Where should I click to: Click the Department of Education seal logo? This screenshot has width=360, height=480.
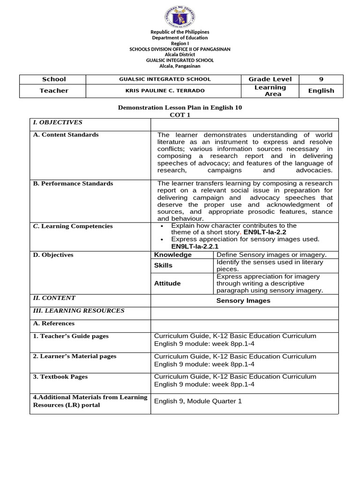(x=180, y=17)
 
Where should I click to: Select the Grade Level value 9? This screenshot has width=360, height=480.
(x=321, y=79)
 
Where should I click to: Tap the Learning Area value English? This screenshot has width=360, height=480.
(x=321, y=90)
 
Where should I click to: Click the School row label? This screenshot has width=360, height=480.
(x=54, y=79)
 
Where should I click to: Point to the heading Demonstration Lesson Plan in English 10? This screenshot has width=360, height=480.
(x=180, y=108)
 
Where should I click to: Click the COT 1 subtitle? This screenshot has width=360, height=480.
(x=180, y=115)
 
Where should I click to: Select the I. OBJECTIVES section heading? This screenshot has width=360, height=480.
(x=57, y=122)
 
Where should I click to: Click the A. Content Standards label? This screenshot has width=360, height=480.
(x=66, y=135)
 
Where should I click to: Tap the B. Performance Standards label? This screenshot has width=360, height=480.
(x=73, y=183)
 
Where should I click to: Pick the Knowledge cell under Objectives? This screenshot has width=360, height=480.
(x=173, y=255)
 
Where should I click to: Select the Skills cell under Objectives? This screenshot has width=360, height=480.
(x=163, y=265)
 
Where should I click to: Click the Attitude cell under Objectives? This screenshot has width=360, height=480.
(x=167, y=283)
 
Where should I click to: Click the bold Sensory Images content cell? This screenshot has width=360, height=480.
(x=243, y=300)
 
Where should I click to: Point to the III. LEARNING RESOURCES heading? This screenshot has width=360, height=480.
(x=78, y=310)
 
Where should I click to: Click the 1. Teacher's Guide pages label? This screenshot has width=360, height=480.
(x=70, y=336)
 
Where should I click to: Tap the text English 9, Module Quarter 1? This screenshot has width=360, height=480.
(x=198, y=401)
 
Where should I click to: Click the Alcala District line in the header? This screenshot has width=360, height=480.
(x=180, y=54)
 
